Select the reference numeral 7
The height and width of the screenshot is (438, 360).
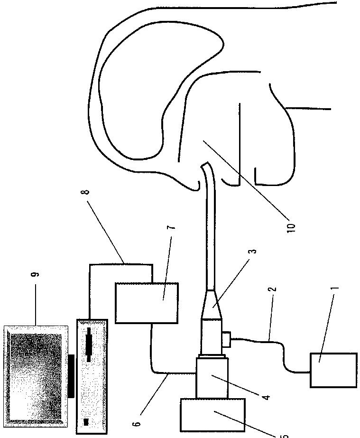[174, 225]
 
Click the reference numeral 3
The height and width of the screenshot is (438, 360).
[254, 251]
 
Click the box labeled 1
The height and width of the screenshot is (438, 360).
[333, 370]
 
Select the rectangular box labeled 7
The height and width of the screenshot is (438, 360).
[147, 303]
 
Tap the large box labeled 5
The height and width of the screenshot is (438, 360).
[212, 415]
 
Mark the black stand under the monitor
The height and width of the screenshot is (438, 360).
[72, 375]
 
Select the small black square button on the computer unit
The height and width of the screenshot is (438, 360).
[86, 422]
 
